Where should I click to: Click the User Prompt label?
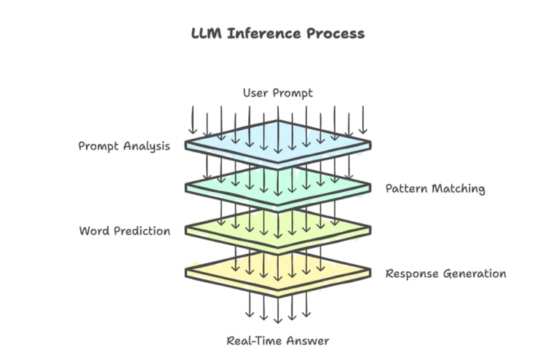[x=277, y=93]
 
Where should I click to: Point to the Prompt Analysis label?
[x=124, y=146]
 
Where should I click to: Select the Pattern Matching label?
[x=435, y=189]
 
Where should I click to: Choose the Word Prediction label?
[x=124, y=231]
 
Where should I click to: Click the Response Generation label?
[x=445, y=274]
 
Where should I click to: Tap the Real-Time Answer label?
[x=277, y=340]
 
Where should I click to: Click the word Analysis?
[x=146, y=146]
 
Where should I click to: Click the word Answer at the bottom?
[x=308, y=340]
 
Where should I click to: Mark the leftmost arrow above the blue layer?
[x=193, y=120]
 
